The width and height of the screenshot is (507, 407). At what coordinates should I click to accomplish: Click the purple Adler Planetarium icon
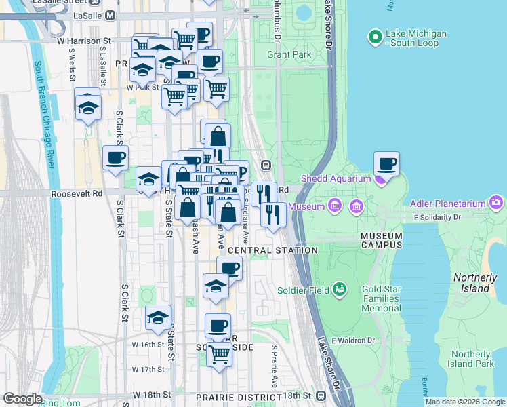tap(497, 202)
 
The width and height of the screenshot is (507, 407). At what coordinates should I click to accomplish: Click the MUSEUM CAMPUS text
tap(382, 240)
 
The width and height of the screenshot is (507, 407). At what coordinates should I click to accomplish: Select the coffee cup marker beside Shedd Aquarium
tap(387, 164)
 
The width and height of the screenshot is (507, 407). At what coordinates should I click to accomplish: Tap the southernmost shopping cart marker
tap(219, 353)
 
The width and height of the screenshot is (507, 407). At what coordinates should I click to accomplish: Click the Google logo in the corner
tap(22, 399)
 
